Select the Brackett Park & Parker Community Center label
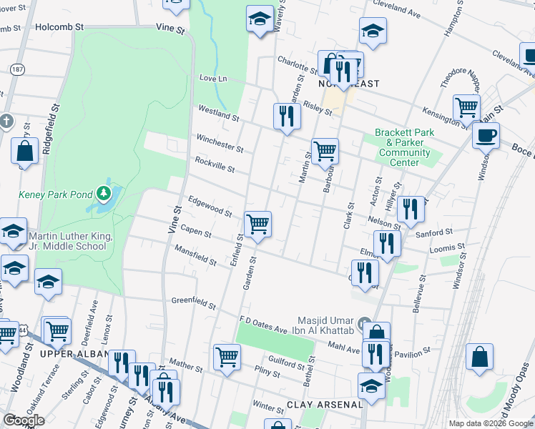point(404,147)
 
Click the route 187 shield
point(16,69)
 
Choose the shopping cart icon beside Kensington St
point(466,108)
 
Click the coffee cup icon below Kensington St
point(486,134)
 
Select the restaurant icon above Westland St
point(286,116)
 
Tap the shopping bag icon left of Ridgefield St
point(24,152)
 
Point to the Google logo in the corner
point(24,420)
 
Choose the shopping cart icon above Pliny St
point(227,355)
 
